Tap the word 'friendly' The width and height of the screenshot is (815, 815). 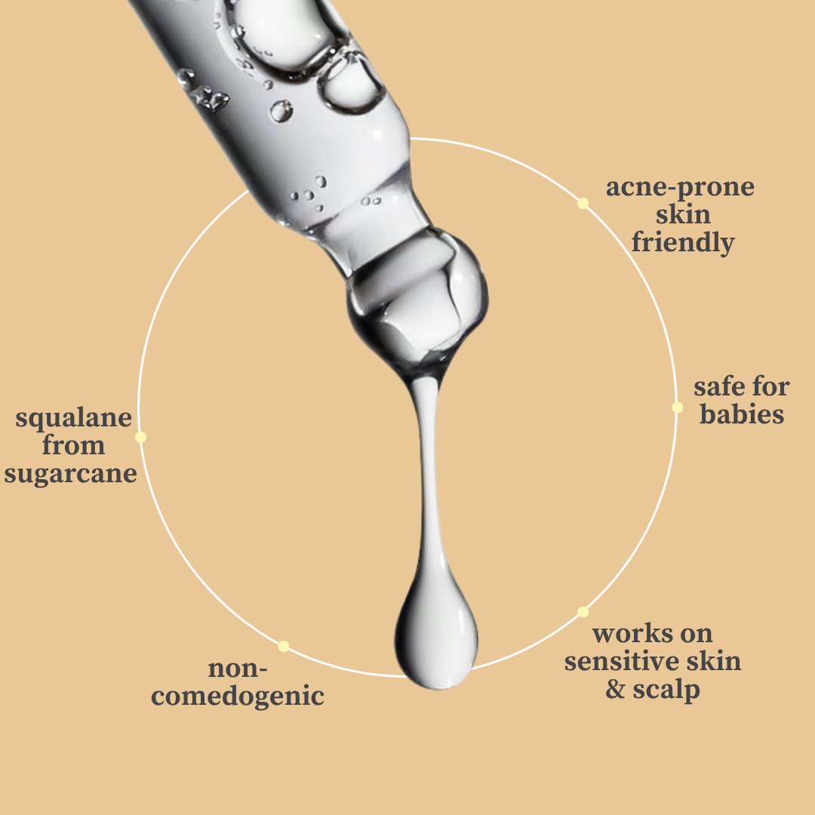[683, 243]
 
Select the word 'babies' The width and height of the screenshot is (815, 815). [742, 414]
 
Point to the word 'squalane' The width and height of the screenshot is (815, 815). [74, 418]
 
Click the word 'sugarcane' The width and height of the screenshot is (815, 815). [71, 474]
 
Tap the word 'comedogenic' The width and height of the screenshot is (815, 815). [238, 697]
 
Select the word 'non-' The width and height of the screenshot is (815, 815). [238, 669]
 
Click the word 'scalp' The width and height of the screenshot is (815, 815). [666, 690]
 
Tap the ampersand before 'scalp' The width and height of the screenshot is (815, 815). [616, 689]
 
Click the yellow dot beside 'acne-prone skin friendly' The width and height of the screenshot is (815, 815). [583, 203]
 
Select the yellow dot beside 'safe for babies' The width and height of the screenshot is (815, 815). [677, 407]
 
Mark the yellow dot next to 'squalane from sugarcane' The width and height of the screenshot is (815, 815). [141, 437]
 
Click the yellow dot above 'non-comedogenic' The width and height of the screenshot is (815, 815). [283, 646]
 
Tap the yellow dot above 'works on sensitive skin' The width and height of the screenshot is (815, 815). [583, 612]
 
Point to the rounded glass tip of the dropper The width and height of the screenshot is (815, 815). [417, 301]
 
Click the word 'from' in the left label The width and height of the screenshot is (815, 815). [73, 445]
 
